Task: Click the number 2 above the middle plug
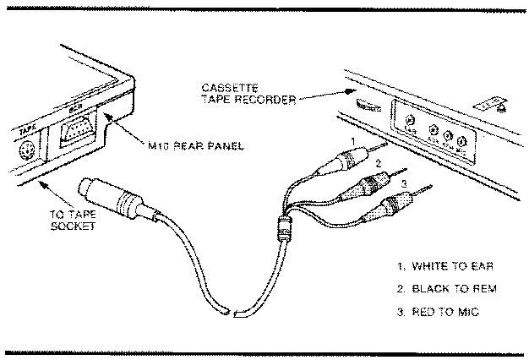tap(379, 161)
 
